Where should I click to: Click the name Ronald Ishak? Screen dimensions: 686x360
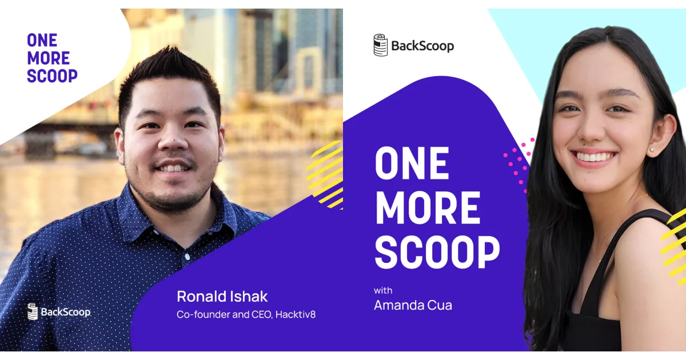point(222,297)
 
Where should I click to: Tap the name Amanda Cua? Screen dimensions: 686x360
point(413,305)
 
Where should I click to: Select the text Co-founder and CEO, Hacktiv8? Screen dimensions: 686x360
point(246,315)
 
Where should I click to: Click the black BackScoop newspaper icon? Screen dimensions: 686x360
point(380,45)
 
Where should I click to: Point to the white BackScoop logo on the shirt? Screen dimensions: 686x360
point(59,311)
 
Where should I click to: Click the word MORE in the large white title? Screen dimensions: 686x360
point(428,209)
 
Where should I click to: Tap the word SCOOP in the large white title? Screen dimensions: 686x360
point(437,253)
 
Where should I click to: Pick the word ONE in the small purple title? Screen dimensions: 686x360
point(42,41)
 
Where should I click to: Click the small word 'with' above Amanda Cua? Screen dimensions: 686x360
point(383,290)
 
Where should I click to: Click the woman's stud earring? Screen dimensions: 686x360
point(651,150)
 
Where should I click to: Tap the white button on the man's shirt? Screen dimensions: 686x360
point(186,257)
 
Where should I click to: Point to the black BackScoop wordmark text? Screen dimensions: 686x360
point(422,46)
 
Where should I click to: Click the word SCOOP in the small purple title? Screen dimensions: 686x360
point(52,76)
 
